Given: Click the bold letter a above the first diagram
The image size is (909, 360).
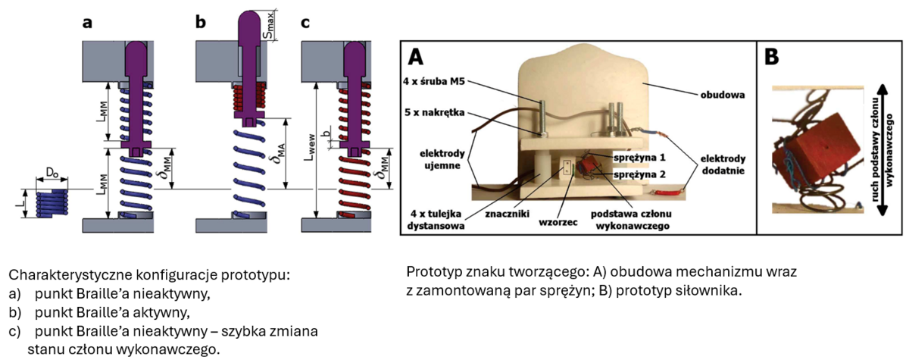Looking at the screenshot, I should tap(88, 23).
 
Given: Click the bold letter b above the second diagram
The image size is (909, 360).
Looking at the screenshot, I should tap(200, 23).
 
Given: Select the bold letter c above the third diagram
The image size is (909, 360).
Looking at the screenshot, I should tap(305, 23).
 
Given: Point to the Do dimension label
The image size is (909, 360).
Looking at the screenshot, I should tap(52, 173).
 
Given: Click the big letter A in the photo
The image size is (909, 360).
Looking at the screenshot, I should tap(417, 58).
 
